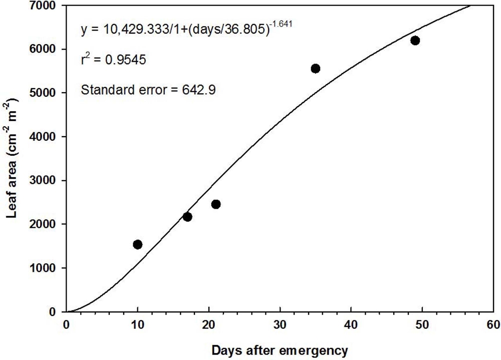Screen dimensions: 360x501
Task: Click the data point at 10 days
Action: point(138,244)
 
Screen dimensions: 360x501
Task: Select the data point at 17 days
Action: point(187,217)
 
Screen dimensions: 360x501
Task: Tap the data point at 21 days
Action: point(216,204)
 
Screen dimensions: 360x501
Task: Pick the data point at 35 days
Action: point(316,68)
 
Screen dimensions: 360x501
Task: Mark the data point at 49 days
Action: point(415,41)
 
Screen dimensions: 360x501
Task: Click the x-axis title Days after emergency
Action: point(280,351)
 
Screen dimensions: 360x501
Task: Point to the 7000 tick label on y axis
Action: point(46,6)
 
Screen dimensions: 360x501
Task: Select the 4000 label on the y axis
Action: point(46,137)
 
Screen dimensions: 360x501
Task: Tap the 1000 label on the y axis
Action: point(46,268)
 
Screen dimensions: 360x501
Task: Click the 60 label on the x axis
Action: point(493,324)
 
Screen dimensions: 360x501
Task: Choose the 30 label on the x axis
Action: point(280,324)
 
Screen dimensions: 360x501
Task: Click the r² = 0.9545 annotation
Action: point(114,60)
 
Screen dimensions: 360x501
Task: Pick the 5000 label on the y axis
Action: point(46,93)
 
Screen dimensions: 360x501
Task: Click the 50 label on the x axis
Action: point(422,324)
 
